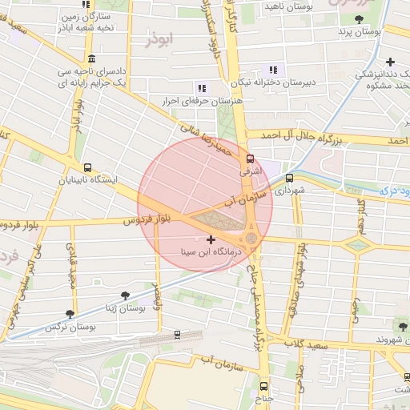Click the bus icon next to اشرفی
click(250, 159)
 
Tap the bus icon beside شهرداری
click(289, 179)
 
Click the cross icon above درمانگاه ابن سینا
click(211, 239)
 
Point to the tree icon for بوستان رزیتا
click(124, 295)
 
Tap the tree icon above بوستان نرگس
click(70, 314)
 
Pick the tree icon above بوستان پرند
click(358, 18)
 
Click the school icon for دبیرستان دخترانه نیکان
click(275, 69)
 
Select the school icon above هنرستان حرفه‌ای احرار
click(201, 88)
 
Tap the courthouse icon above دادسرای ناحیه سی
click(92, 58)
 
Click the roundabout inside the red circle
click(251, 238)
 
